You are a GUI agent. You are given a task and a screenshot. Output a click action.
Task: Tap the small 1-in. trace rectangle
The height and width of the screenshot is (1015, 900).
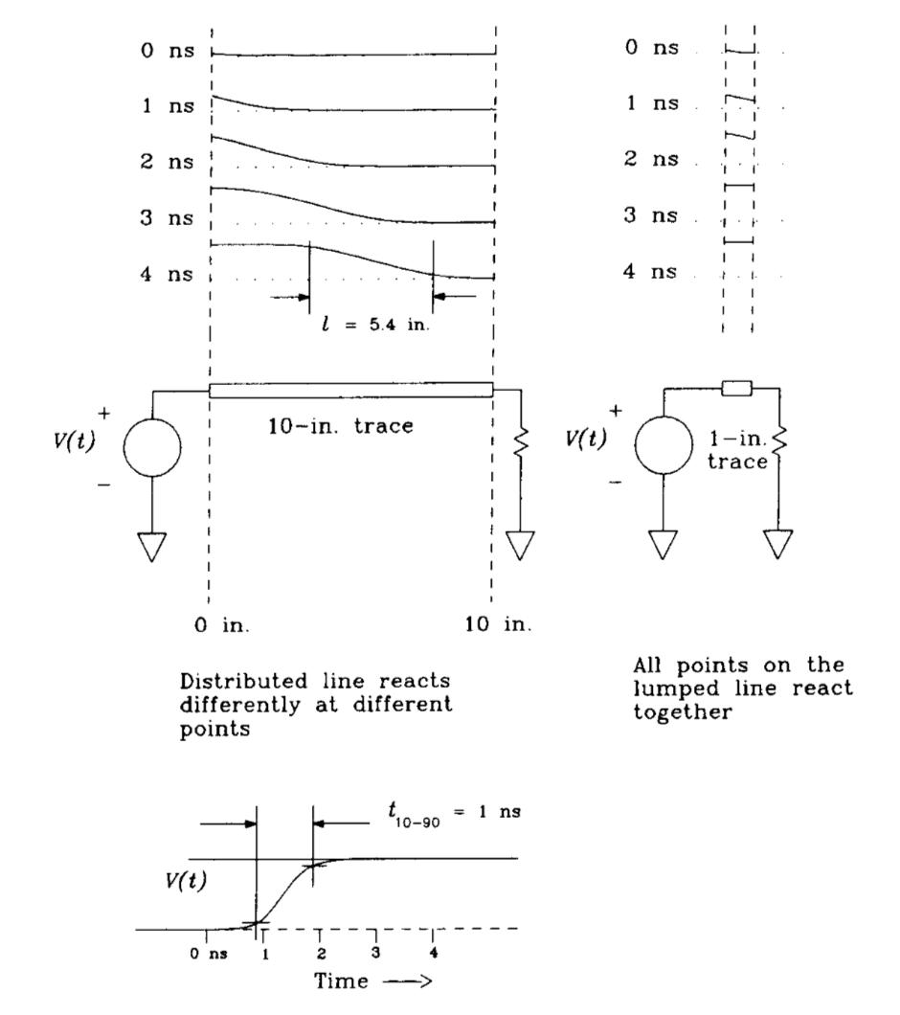pos(738,387)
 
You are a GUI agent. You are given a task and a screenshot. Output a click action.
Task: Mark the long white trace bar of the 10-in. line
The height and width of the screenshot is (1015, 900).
pos(350,388)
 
